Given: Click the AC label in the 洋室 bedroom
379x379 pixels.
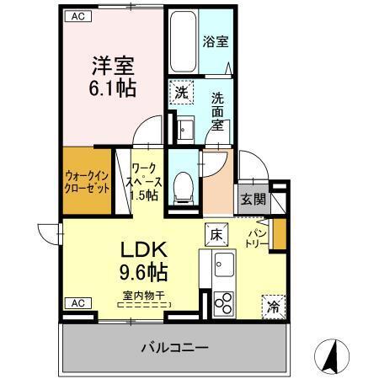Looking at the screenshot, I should click(77, 16).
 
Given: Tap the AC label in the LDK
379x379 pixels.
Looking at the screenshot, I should click(77, 302).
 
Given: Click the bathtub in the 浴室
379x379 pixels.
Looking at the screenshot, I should click(182, 42).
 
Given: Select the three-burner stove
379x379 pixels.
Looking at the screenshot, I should click(223, 302).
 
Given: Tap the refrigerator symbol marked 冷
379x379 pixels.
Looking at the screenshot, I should click(274, 305).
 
